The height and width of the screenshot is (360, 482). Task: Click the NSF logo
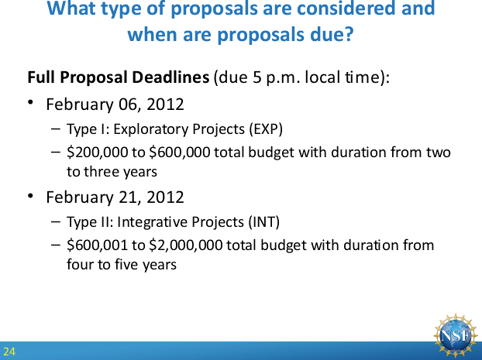(x=456, y=336)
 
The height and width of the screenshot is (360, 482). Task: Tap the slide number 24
(x=9, y=351)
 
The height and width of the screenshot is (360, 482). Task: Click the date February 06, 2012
(x=115, y=105)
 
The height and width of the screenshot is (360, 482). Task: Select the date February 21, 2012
(x=115, y=197)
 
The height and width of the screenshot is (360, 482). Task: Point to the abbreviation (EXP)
(x=266, y=129)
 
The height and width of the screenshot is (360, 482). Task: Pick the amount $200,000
(x=97, y=153)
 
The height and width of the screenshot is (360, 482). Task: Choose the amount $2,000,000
(x=186, y=245)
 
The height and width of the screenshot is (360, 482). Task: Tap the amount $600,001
(x=97, y=245)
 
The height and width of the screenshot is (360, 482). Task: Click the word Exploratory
(x=151, y=129)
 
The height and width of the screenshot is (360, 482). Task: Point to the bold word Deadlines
(x=170, y=77)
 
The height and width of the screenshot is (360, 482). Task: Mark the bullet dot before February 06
(x=30, y=102)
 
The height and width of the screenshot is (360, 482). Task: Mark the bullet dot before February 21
(x=30, y=195)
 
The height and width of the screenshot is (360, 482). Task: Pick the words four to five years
(x=122, y=265)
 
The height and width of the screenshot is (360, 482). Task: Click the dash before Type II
(x=56, y=221)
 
